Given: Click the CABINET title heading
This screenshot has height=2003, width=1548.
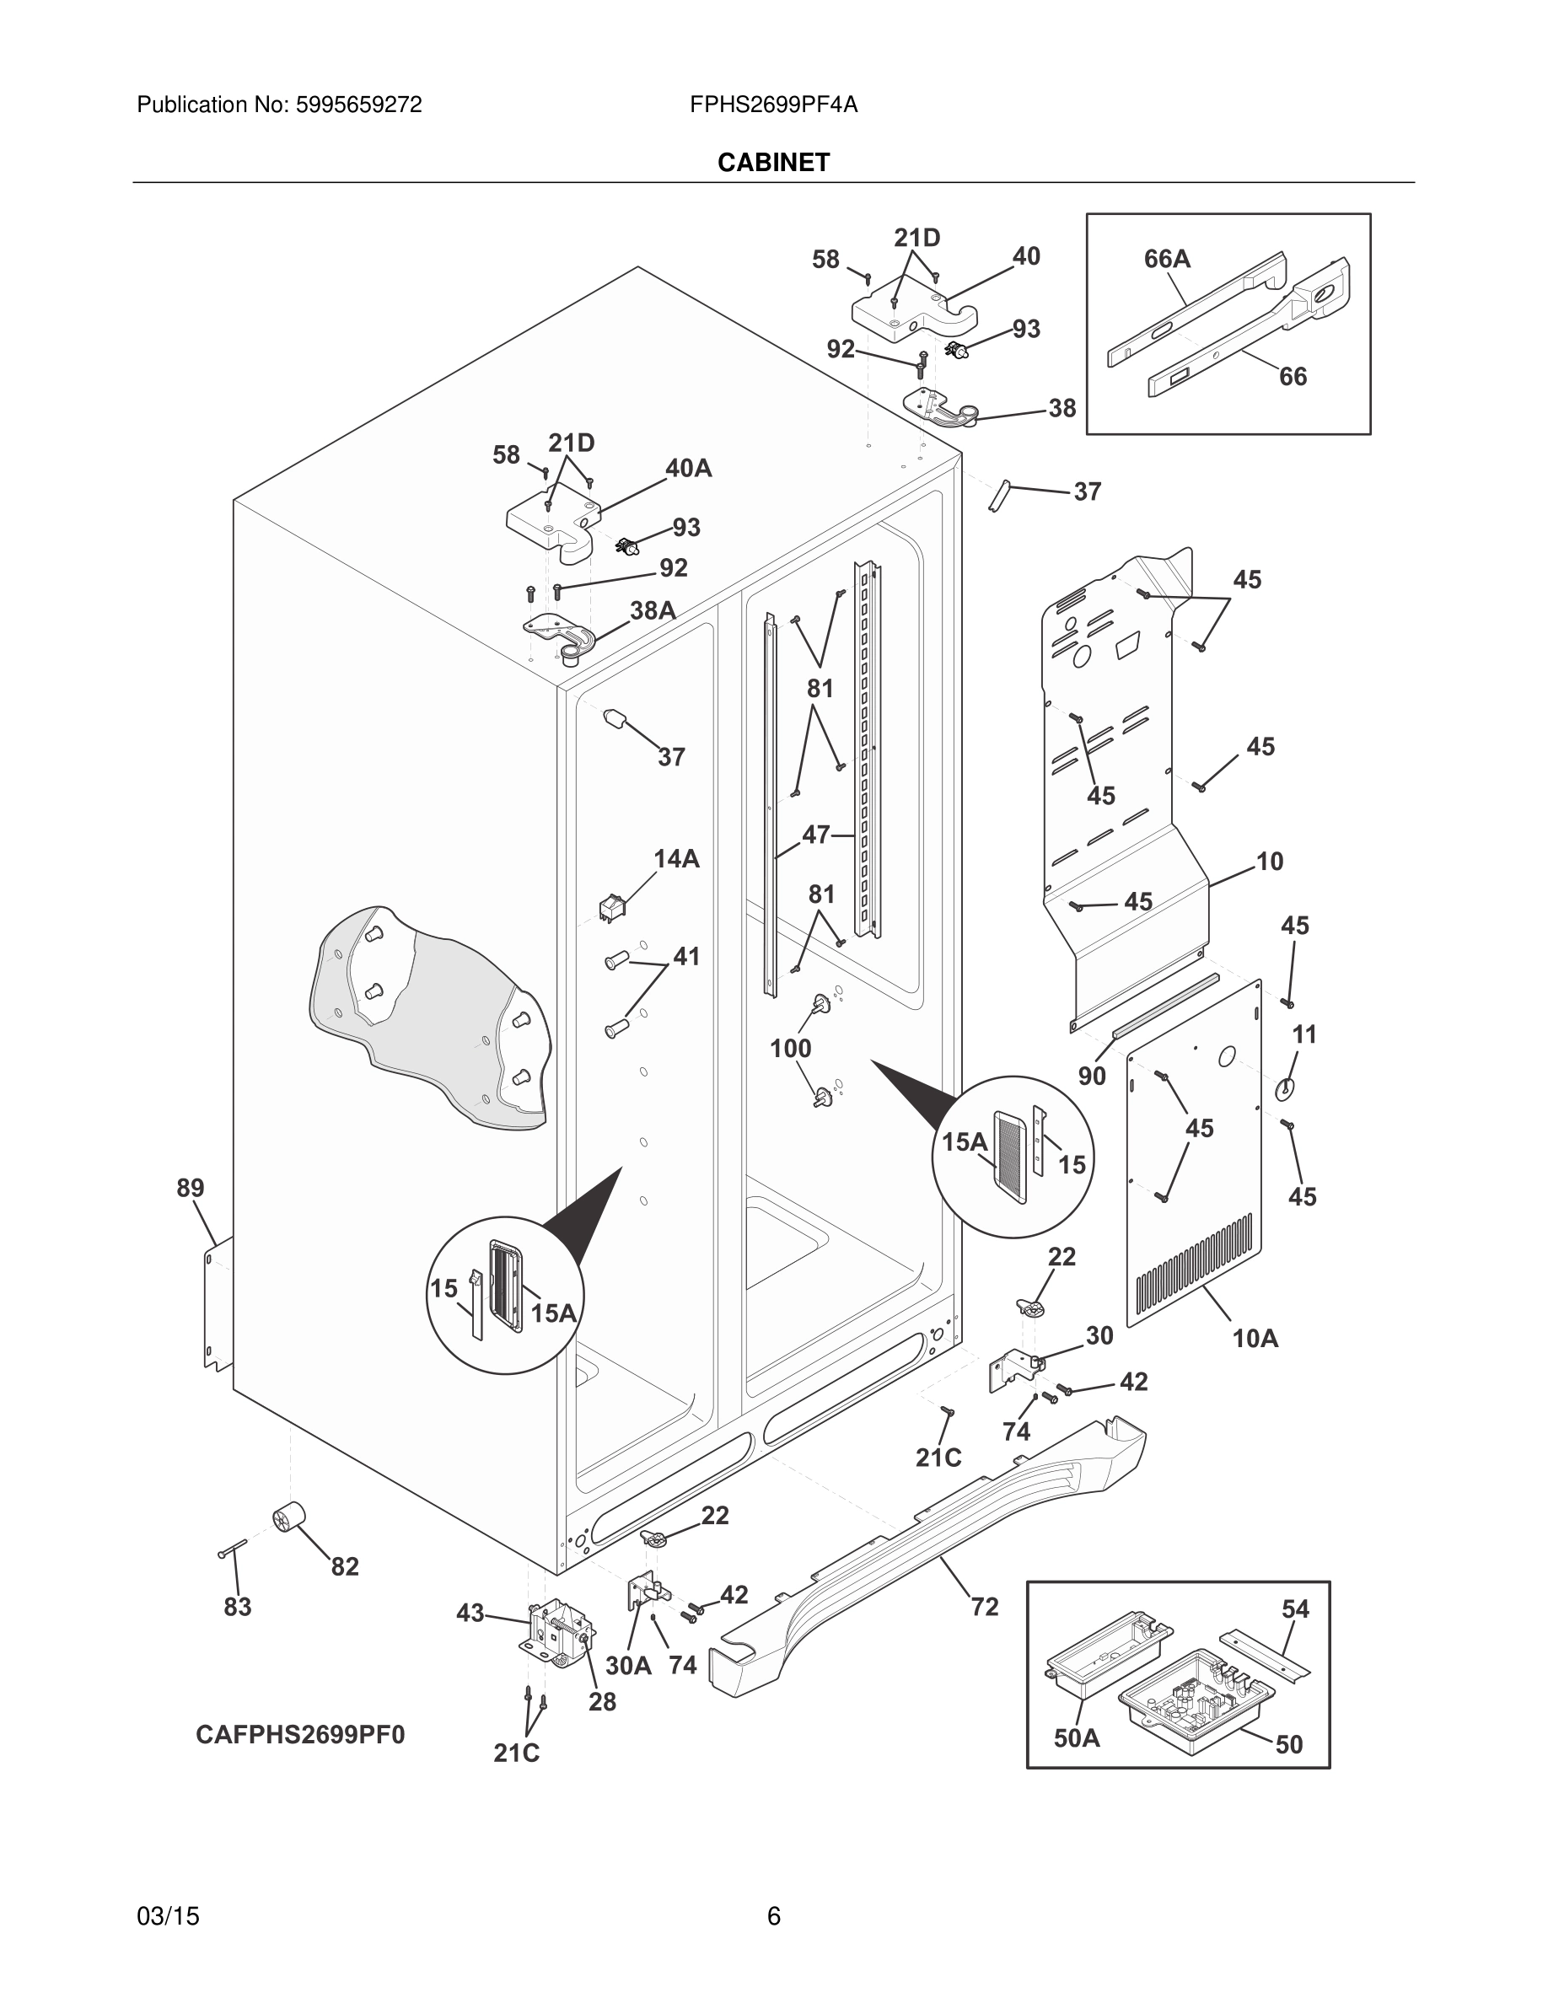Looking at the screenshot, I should click(x=773, y=163).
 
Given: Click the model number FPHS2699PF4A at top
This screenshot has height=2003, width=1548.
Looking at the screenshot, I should click(x=773, y=105).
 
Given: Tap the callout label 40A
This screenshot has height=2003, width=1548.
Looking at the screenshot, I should click(x=688, y=468).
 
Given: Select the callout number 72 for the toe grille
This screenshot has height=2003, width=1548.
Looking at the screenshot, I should click(x=984, y=1606).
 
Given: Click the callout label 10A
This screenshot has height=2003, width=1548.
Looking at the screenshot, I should click(x=1255, y=1338).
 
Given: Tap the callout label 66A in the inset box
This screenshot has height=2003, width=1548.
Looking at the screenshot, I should click(x=1167, y=260).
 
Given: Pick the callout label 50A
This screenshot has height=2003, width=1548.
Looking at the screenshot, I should click(x=1076, y=1738).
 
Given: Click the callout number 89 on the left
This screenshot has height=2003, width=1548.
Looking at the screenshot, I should click(x=190, y=1188).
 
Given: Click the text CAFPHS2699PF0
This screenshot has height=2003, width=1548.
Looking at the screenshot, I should click(x=300, y=1734).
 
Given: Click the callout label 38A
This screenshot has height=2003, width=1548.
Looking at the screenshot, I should click(x=652, y=609).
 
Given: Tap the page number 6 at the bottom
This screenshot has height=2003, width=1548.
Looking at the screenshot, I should click(x=773, y=1916).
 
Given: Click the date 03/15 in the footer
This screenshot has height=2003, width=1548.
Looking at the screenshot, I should click(x=168, y=1916).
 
